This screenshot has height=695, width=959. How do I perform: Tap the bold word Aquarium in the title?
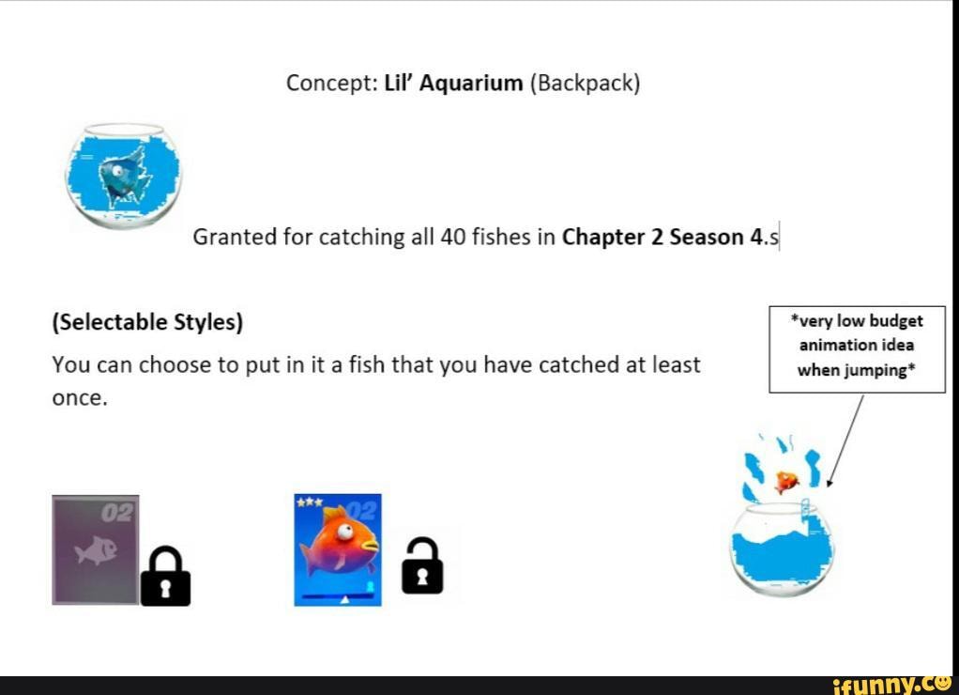click(x=471, y=84)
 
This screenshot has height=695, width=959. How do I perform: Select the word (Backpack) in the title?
click(x=585, y=84)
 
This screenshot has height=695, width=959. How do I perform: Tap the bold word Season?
click(x=706, y=238)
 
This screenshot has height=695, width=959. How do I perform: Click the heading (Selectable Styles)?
click(x=147, y=323)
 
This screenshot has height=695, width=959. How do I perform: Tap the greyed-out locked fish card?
click(x=95, y=549)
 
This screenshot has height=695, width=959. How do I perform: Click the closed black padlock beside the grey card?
click(x=165, y=576)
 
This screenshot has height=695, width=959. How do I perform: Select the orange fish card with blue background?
click(x=338, y=549)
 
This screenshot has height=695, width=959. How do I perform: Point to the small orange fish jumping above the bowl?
click(x=785, y=481)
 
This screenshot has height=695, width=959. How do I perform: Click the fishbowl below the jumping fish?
click(x=784, y=550)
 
